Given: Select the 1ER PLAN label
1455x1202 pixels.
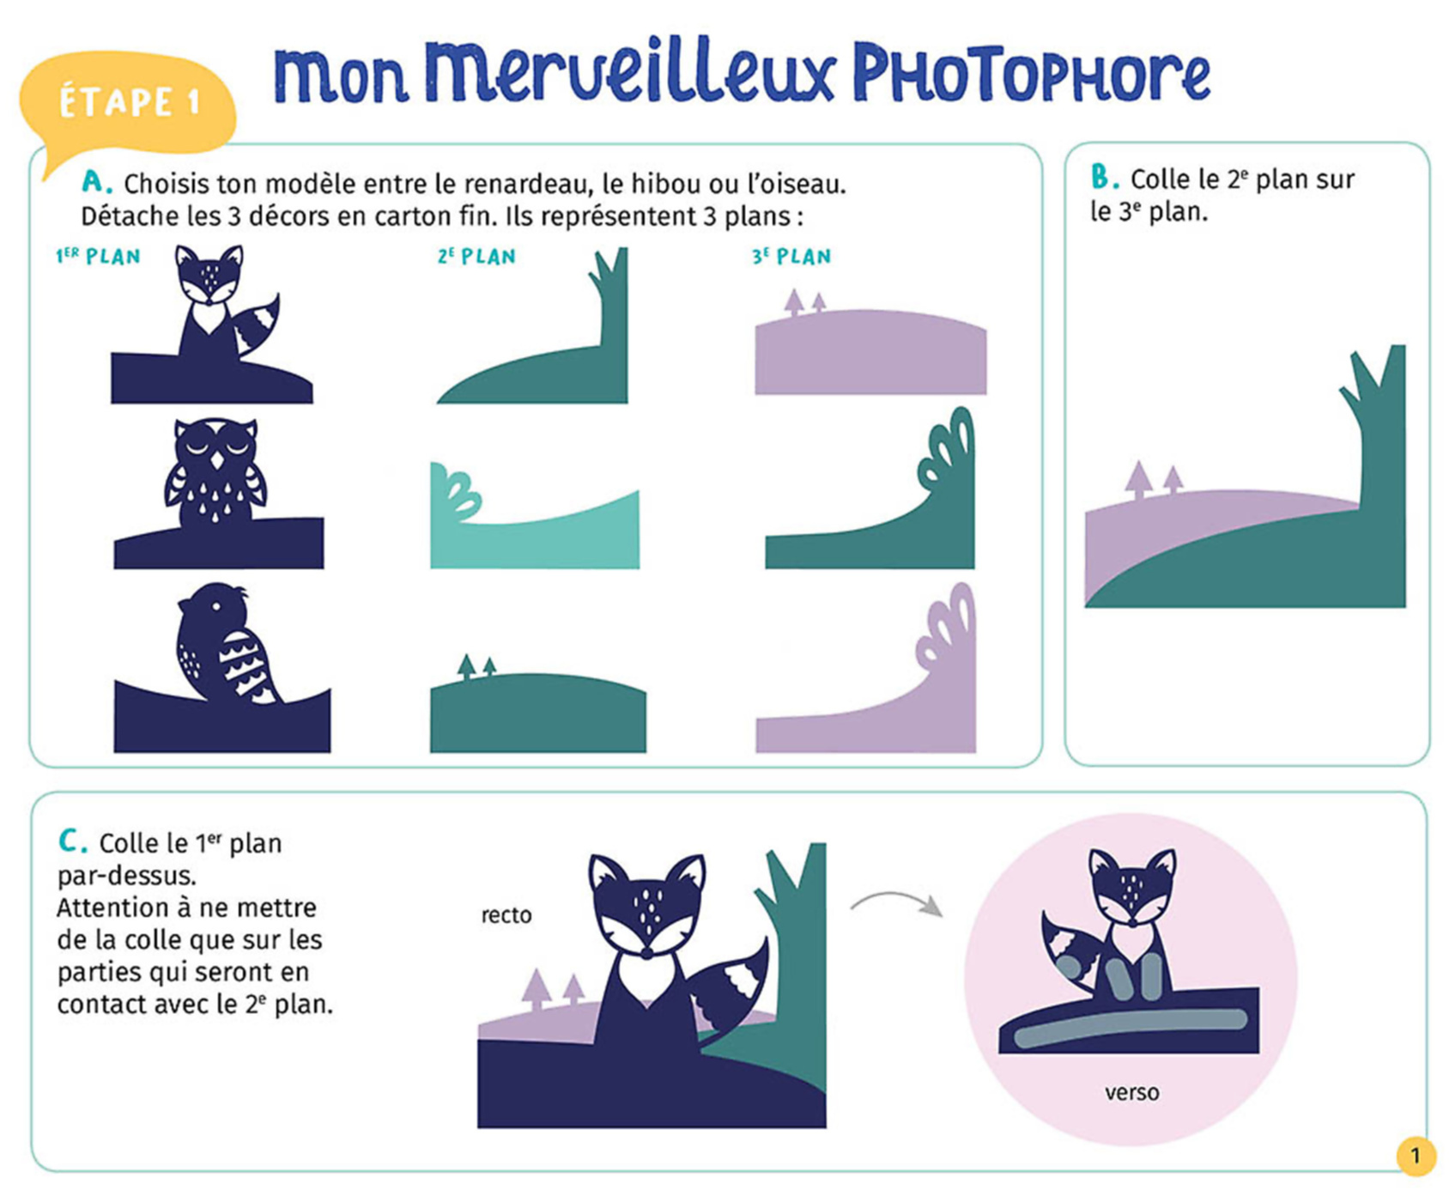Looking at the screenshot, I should pyautogui.click(x=98, y=257).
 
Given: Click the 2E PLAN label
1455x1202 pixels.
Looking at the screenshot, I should pyautogui.click(x=476, y=257).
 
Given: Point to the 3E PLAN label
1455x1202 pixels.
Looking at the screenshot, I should pyautogui.click(x=791, y=257).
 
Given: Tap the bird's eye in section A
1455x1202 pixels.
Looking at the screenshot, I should pyautogui.click(x=216, y=606).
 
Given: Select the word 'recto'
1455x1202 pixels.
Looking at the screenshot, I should pyautogui.click(x=506, y=915).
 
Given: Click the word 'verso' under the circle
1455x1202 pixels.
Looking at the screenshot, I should pyautogui.click(x=1131, y=1093).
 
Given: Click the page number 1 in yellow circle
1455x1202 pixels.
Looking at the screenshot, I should pyautogui.click(x=1416, y=1156).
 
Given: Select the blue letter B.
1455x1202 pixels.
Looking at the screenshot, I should pyautogui.click(x=1102, y=178).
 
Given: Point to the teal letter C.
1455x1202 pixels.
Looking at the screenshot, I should pyautogui.click(x=71, y=841).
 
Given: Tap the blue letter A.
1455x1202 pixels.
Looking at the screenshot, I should pyautogui.click(x=95, y=182).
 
